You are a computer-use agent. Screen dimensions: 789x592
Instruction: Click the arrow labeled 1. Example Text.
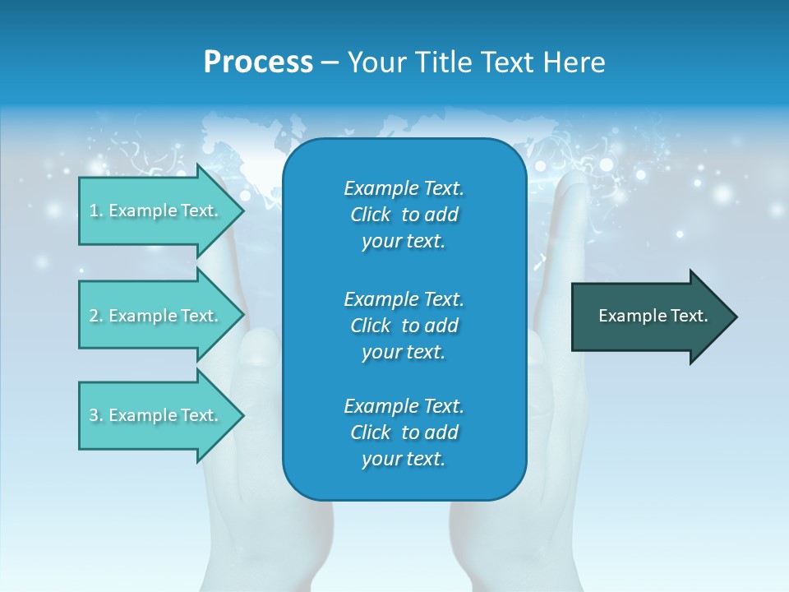point(162,210)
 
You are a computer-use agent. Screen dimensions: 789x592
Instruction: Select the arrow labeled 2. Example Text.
point(162,315)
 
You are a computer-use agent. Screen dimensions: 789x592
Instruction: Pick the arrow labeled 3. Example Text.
point(162,415)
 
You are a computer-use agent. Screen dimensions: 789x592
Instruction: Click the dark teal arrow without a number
point(654,317)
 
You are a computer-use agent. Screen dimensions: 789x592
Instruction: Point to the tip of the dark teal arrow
point(737,317)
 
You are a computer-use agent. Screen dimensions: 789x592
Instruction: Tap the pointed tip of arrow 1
point(244,210)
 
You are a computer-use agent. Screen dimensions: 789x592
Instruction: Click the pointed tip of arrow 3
point(244,416)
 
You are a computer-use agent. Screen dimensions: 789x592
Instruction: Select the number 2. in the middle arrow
point(97,316)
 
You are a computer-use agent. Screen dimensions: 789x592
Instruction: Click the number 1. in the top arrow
point(97,210)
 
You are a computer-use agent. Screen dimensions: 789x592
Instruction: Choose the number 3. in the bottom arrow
point(97,415)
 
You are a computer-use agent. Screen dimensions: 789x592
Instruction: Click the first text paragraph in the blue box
point(404,215)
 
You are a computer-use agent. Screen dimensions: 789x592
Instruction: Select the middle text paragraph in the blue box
point(404,326)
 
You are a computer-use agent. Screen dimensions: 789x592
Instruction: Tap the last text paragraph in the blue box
point(404,432)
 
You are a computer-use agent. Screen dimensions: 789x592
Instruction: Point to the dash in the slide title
point(330,63)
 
